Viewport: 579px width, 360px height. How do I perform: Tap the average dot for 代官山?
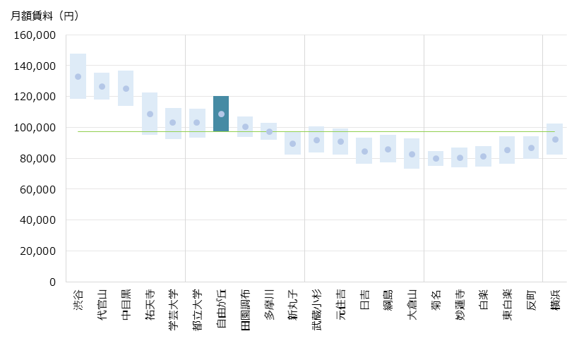pos(102,86)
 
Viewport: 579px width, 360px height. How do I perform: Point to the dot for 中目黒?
pos(126,88)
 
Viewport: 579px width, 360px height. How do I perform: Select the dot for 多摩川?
pos(269,131)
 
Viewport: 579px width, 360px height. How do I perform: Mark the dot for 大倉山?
pos(412,154)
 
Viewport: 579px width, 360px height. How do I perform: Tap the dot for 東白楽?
pos(507,150)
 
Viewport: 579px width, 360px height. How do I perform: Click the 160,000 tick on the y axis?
pos(35,35)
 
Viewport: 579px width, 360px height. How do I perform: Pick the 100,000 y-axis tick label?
pos(35,127)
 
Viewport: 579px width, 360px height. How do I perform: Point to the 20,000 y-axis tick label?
pos(38,251)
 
